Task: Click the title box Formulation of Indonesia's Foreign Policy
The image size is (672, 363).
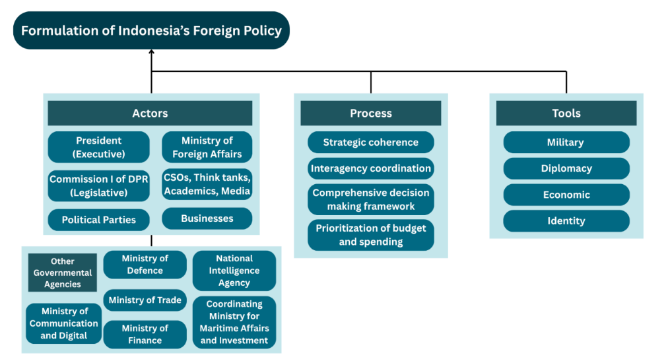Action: click(151, 30)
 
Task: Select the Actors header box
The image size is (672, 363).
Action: click(150, 114)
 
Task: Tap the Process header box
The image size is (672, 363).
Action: click(370, 114)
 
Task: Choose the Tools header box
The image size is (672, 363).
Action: click(566, 114)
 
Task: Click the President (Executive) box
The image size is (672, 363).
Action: click(99, 147)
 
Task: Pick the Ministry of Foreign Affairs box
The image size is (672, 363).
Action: click(207, 147)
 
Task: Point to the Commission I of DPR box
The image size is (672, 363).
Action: click(99, 186)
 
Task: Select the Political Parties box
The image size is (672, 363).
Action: click(99, 220)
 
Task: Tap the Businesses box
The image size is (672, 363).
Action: click(207, 218)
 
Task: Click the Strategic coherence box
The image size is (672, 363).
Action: click(370, 143)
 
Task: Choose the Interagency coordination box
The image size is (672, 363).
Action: click(370, 168)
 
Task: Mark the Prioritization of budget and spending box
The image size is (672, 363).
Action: click(370, 235)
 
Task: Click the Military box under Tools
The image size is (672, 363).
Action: click(566, 143)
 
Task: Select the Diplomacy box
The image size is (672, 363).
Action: click(566, 168)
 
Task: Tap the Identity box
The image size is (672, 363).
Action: click(566, 221)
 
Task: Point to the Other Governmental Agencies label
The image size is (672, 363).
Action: click(63, 273)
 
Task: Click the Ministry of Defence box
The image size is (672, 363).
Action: click(145, 264)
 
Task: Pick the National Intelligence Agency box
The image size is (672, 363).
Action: click(234, 271)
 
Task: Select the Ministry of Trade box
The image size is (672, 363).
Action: click(145, 300)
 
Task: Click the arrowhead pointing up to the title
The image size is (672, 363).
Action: click(151, 55)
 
